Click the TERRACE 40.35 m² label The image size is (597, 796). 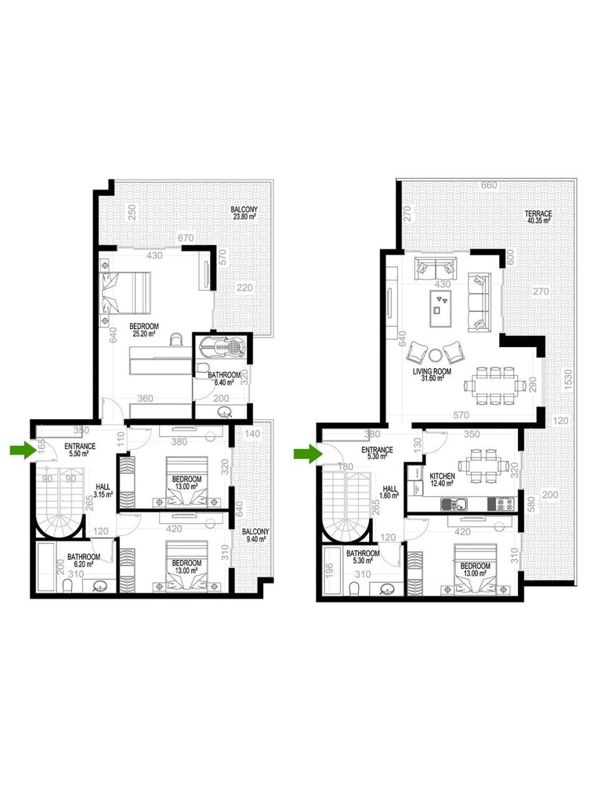coord(538,217)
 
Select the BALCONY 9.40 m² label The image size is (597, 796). coord(255,535)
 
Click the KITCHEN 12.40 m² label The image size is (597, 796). coord(442,479)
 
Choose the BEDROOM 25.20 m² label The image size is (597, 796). coord(143,330)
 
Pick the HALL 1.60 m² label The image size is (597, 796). coord(390,493)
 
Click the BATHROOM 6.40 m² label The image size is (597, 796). coord(223,379)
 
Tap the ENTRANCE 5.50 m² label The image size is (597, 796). coord(79,450)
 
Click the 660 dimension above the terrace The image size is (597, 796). coord(489,185)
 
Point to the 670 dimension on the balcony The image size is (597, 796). coord(185,238)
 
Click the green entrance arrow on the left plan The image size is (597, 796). coord(24,451)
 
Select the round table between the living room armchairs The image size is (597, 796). coord(435,355)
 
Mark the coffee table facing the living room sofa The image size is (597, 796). coord(441,308)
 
